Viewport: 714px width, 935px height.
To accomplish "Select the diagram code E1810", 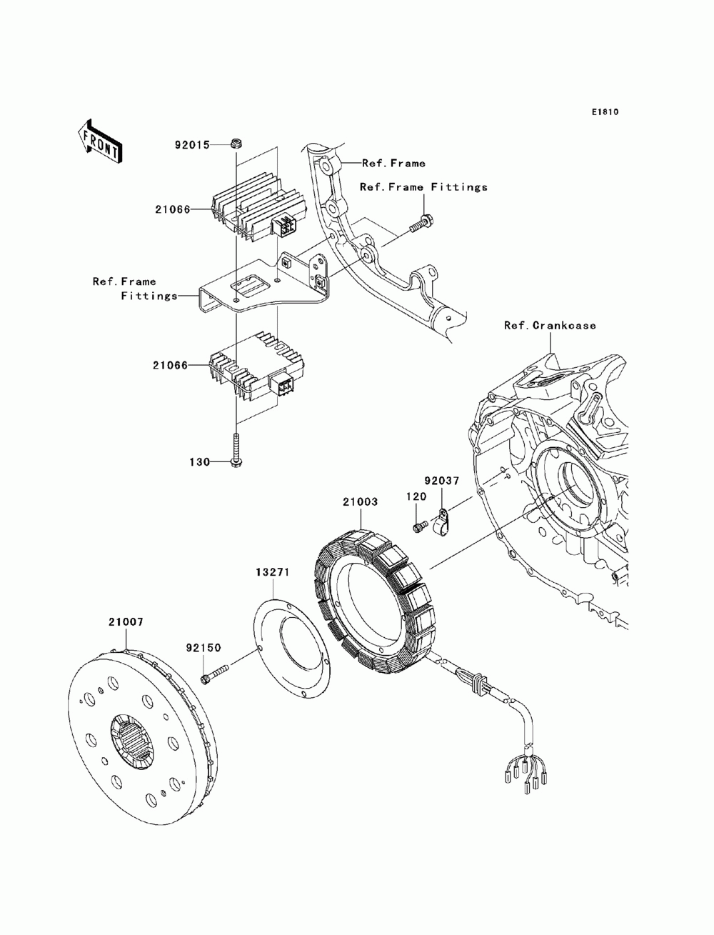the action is click(x=605, y=112).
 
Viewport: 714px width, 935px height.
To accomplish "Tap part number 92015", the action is click(x=193, y=145).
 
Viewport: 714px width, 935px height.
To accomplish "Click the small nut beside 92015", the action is click(x=236, y=144).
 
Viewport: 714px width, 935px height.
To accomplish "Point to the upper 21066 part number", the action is click(x=173, y=209).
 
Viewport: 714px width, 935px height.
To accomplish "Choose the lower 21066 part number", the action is click(x=171, y=366).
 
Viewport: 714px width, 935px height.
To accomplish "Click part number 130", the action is click(x=200, y=462).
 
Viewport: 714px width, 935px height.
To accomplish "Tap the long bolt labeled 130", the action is click(x=235, y=451).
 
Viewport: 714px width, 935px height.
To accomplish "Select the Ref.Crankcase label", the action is click(x=550, y=326).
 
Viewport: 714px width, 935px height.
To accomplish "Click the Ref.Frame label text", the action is click(x=393, y=163).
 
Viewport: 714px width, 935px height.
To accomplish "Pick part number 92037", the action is click(x=442, y=481).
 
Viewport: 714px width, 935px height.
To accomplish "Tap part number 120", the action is click(x=416, y=496).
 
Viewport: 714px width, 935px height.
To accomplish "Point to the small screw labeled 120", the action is click(x=419, y=527).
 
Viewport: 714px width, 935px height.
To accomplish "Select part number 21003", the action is click(x=360, y=502).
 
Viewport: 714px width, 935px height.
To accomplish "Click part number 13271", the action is click(x=273, y=573).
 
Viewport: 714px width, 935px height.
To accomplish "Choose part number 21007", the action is click(x=126, y=622).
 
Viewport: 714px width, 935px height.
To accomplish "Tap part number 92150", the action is click(x=203, y=648).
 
